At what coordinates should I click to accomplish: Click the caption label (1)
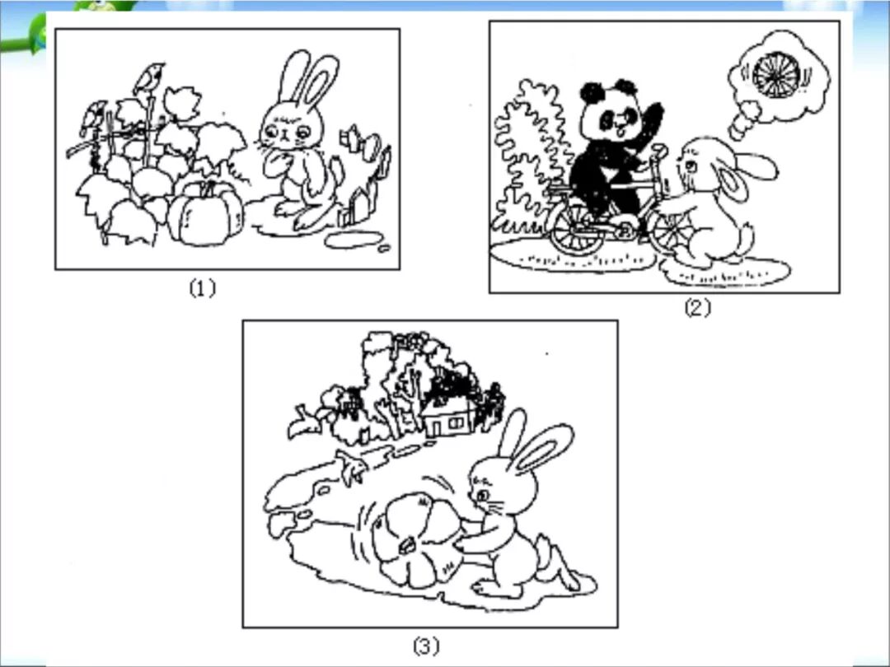click(203, 289)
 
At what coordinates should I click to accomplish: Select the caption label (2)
click(698, 308)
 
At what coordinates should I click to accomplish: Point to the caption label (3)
click(426, 646)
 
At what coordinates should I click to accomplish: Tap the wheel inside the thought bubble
click(775, 75)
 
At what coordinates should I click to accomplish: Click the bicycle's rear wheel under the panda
click(575, 228)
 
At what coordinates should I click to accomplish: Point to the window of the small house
click(456, 422)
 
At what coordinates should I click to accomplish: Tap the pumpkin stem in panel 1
click(208, 188)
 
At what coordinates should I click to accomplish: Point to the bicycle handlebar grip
click(659, 151)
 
